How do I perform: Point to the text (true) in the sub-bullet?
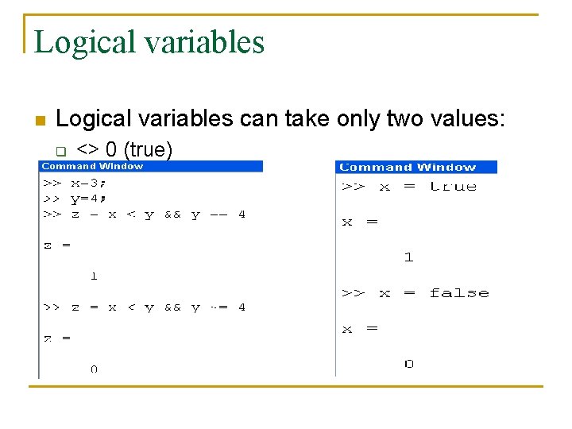pos(149,149)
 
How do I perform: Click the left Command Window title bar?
pos(151,167)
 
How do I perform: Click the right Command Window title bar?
pos(416,167)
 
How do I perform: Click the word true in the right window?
pos(453,186)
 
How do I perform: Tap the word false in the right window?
pos(458,293)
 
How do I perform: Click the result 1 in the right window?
pos(408,257)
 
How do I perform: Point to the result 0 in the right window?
pos(408,364)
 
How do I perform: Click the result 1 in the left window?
pos(94,276)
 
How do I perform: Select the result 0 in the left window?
pos(94,369)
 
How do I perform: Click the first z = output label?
pos(56,245)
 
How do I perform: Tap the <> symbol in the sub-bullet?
pos(87,149)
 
